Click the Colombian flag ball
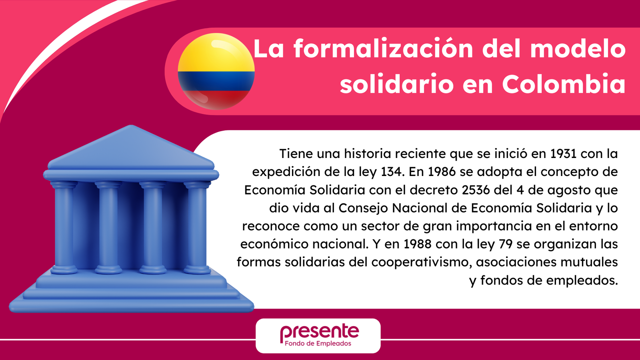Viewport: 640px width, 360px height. [216, 72]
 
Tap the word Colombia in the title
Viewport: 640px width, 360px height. [564, 84]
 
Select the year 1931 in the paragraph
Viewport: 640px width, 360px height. [564, 154]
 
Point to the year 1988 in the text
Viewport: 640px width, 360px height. [418, 244]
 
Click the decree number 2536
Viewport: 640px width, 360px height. [476, 190]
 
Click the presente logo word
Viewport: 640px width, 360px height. [320, 332]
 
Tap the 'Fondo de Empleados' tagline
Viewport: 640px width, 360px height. [318, 344]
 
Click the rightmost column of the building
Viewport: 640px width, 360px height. [197, 228]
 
